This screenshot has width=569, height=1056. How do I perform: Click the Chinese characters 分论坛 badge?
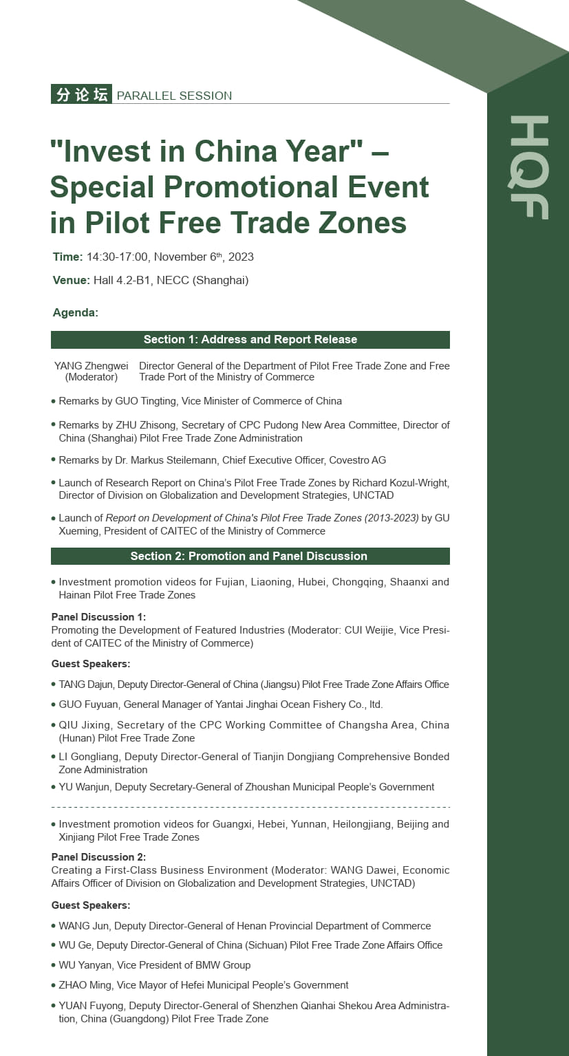[x=81, y=94]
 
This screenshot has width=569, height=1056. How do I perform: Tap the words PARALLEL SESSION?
[x=174, y=96]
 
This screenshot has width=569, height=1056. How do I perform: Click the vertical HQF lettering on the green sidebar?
[x=528, y=167]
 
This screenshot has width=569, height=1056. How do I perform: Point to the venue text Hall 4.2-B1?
[x=123, y=280]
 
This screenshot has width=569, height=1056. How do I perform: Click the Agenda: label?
[x=76, y=312]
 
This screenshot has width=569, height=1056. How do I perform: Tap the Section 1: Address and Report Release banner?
[x=250, y=339]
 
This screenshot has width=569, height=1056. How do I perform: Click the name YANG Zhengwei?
[x=91, y=366]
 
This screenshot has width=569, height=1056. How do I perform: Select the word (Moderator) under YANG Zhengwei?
[x=91, y=377]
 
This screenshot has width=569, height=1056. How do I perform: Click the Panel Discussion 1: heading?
[x=98, y=616]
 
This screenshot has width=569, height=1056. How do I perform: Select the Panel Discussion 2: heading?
[x=98, y=856]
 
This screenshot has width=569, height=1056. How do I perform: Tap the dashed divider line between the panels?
[x=250, y=806]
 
